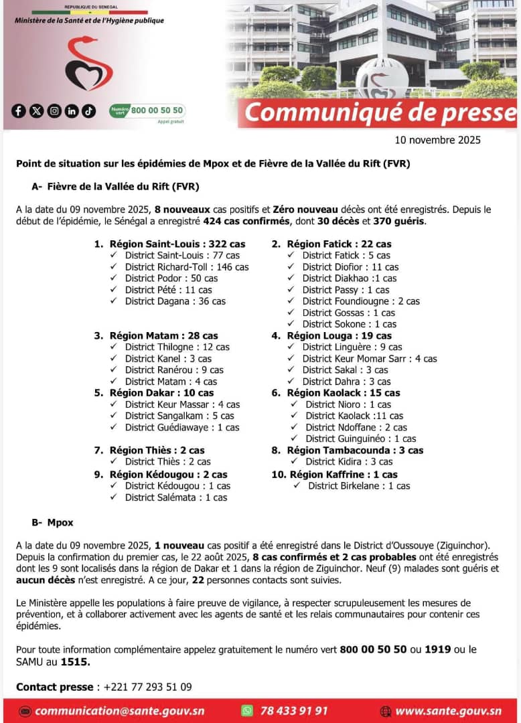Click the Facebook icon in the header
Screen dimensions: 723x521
[x=19, y=111]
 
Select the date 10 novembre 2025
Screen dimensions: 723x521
[x=438, y=140]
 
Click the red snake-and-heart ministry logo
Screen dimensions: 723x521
[x=88, y=65]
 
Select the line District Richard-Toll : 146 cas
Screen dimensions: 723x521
[x=187, y=266]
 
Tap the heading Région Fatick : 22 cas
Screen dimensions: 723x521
[x=339, y=244]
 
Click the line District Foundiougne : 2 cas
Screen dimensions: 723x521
[x=361, y=301]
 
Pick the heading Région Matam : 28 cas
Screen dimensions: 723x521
[x=163, y=335]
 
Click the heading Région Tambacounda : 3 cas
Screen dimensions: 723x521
[x=355, y=450]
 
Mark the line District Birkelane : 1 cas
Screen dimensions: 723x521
[x=359, y=486]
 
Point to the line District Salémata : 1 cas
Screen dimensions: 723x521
[x=176, y=497]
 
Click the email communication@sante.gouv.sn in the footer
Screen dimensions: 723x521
[x=119, y=711]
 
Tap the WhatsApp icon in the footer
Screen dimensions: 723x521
[x=248, y=711]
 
